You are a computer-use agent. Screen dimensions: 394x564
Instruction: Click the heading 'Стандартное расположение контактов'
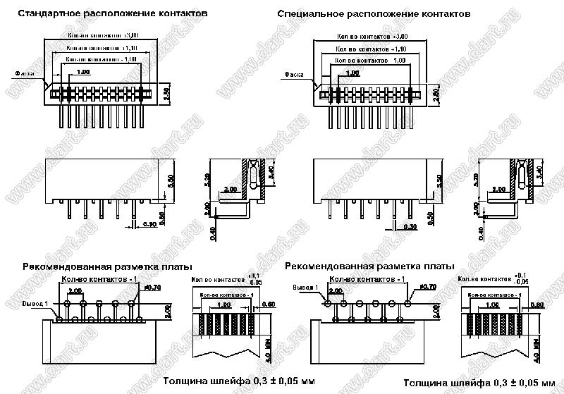click(x=113, y=14)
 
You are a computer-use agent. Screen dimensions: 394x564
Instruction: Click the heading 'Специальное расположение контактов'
click(x=374, y=14)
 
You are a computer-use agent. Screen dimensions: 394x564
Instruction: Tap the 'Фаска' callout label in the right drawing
click(x=295, y=74)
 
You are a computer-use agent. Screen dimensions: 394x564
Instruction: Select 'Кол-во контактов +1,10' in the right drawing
click(x=371, y=49)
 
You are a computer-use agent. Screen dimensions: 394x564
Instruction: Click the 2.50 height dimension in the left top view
click(x=166, y=95)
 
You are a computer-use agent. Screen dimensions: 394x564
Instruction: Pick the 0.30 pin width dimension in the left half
click(x=150, y=224)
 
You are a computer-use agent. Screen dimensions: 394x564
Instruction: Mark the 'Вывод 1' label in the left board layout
click(x=36, y=303)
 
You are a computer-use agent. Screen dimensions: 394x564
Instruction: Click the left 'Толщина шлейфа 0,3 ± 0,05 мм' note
click(x=239, y=381)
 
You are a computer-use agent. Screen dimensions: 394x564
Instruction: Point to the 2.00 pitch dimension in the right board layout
click(x=336, y=290)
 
